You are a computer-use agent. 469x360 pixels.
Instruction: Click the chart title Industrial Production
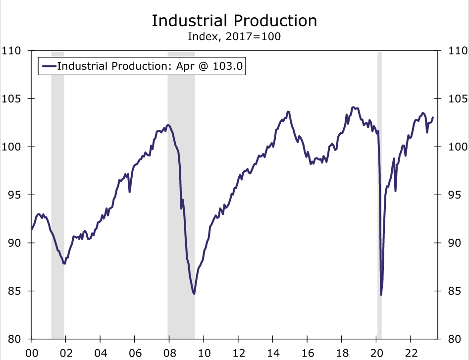(234, 21)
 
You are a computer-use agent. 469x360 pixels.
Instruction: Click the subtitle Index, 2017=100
(234, 37)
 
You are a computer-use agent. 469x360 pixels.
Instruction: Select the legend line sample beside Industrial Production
(49, 66)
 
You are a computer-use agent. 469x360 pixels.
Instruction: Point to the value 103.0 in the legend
(229, 66)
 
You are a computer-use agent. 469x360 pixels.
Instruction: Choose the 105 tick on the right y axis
(458, 99)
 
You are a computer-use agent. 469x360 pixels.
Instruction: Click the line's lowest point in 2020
(381, 295)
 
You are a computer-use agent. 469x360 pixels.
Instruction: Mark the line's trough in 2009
(194, 294)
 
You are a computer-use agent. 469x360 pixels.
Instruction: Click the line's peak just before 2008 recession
(168, 125)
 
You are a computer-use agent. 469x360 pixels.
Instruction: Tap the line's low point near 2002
(64, 264)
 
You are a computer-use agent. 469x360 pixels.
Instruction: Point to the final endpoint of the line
(433, 118)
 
